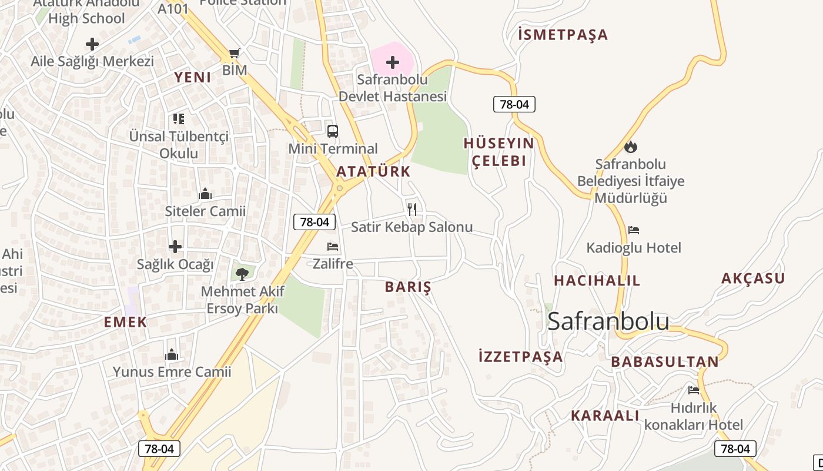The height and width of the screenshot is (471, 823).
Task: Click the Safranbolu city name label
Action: coord(608,321)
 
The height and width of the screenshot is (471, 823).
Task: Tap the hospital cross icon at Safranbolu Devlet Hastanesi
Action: coord(393,62)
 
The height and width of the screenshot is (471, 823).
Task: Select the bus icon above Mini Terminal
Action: coord(333,131)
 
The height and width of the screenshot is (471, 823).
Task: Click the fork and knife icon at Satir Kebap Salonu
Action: coord(412,209)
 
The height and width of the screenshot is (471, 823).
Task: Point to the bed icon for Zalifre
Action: coord(333,247)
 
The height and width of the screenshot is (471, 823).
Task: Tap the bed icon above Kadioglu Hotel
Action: coord(634,230)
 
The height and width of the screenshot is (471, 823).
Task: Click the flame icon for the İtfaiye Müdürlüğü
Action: coord(631,147)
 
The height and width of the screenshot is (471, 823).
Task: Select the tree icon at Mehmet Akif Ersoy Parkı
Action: coord(242,274)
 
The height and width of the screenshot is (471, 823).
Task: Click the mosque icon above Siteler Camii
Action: coord(205,193)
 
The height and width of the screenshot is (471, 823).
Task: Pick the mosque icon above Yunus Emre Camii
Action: coord(172,354)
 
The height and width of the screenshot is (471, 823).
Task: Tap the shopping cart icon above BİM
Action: coord(235,54)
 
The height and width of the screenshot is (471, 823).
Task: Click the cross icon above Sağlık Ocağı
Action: coord(175,247)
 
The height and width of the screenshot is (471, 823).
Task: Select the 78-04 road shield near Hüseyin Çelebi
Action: coord(514,105)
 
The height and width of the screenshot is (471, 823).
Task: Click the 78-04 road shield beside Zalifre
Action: coord(315,222)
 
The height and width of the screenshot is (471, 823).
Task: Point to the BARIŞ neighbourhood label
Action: coord(408,287)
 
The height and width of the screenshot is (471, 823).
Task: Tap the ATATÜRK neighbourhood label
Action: coord(373,172)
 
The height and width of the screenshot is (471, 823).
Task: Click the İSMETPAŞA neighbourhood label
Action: coord(563,35)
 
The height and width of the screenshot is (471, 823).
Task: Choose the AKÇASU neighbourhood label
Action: coord(753,278)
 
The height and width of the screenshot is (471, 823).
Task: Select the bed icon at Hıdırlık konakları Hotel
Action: coord(694,390)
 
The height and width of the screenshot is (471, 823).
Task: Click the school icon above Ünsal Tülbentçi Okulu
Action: coord(179,119)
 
